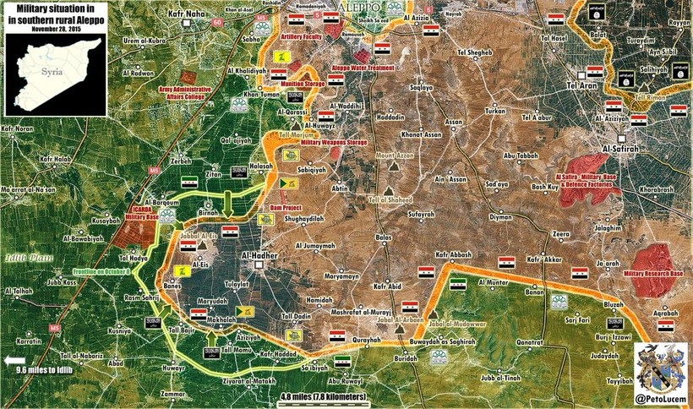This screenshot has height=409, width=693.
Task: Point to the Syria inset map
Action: click(x=55, y=74)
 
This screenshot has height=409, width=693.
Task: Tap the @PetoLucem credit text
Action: click(x=660, y=398)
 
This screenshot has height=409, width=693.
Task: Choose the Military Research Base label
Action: click(x=652, y=274)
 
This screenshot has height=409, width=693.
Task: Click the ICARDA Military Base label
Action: click(x=141, y=213)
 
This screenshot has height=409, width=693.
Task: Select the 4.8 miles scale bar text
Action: click(x=325, y=395)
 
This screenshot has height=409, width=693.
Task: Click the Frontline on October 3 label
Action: click(x=101, y=271)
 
